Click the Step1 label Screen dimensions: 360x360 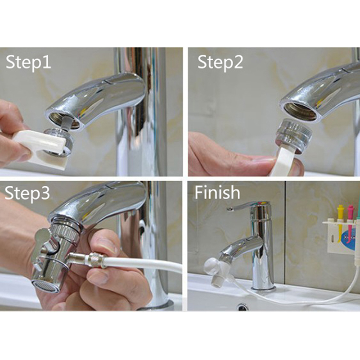pos(28,62)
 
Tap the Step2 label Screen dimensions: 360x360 pos(220,62)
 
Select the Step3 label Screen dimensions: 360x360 pos(27,193)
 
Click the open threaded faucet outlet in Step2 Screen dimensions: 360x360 pos(300,111)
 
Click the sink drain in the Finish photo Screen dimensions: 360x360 pos(243,306)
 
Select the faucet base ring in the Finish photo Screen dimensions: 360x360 pos(263,287)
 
